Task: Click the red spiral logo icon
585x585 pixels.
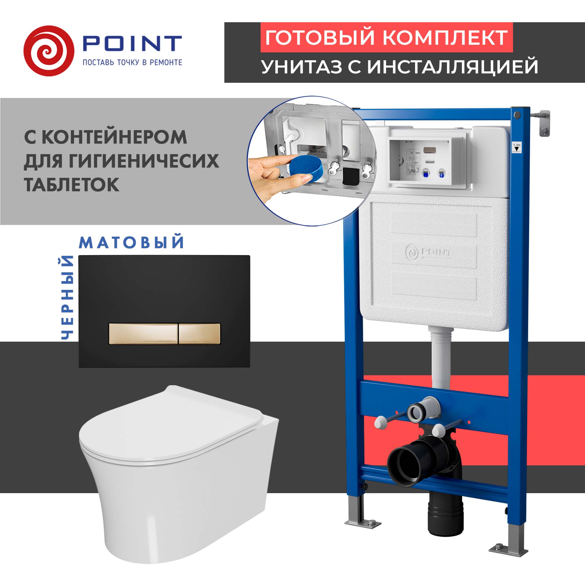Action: point(49,51)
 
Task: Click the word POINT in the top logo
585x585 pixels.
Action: point(132,44)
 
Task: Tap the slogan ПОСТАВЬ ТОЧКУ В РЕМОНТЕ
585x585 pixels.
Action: point(132,63)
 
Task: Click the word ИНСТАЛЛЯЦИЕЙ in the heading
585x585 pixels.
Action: point(452,67)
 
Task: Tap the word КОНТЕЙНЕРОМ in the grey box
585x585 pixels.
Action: point(114,137)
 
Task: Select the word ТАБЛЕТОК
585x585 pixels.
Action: point(71,184)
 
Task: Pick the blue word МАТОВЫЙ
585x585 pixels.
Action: point(131,242)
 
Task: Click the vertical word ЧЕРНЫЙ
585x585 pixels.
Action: point(67,297)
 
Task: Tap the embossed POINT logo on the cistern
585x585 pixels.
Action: point(428,252)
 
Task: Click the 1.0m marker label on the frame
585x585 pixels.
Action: point(517,147)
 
